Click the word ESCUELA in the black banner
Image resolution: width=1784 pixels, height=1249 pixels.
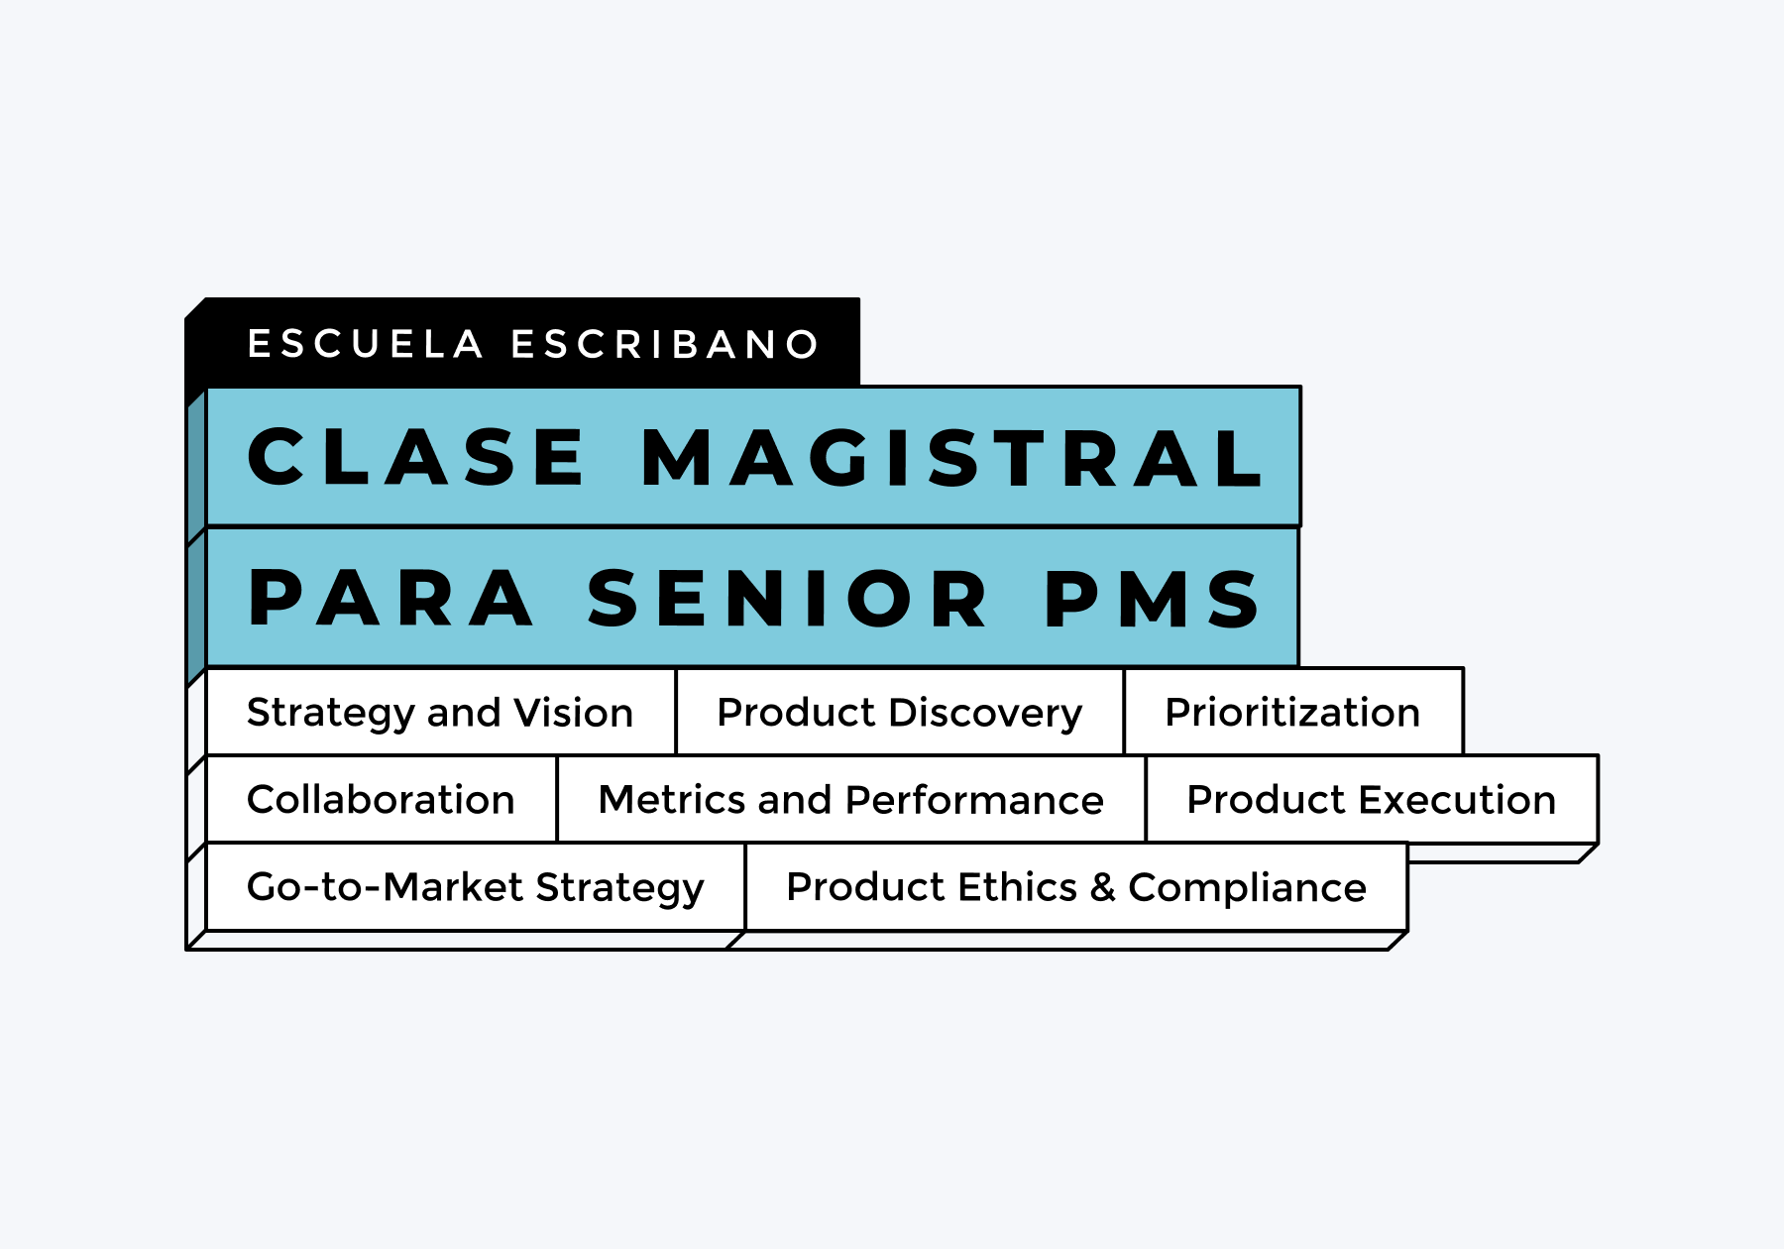365,344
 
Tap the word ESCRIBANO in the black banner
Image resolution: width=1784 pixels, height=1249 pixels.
665,344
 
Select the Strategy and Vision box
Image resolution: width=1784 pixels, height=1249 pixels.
441,712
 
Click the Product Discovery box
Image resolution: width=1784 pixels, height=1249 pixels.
900,712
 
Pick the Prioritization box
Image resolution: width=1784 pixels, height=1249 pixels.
1293,712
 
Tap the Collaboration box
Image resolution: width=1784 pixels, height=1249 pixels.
382,799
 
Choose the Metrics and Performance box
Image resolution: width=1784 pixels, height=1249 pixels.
851,799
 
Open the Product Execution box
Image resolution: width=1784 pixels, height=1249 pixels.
1372,799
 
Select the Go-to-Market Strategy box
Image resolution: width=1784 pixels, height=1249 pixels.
476,886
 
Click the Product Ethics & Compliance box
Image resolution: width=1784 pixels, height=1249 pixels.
1076,886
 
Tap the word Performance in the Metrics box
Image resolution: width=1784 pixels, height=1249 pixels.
975,799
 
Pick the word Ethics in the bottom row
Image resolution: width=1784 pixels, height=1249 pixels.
1018,886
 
